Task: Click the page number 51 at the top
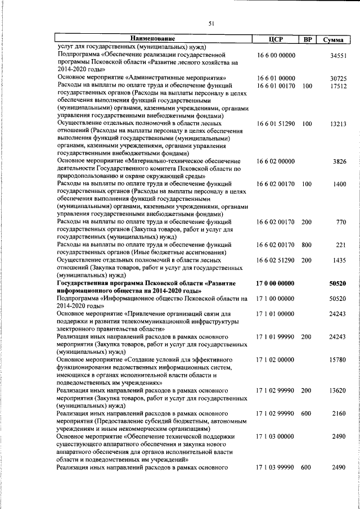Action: pos(211,23)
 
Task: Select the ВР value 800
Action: pos(307,245)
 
